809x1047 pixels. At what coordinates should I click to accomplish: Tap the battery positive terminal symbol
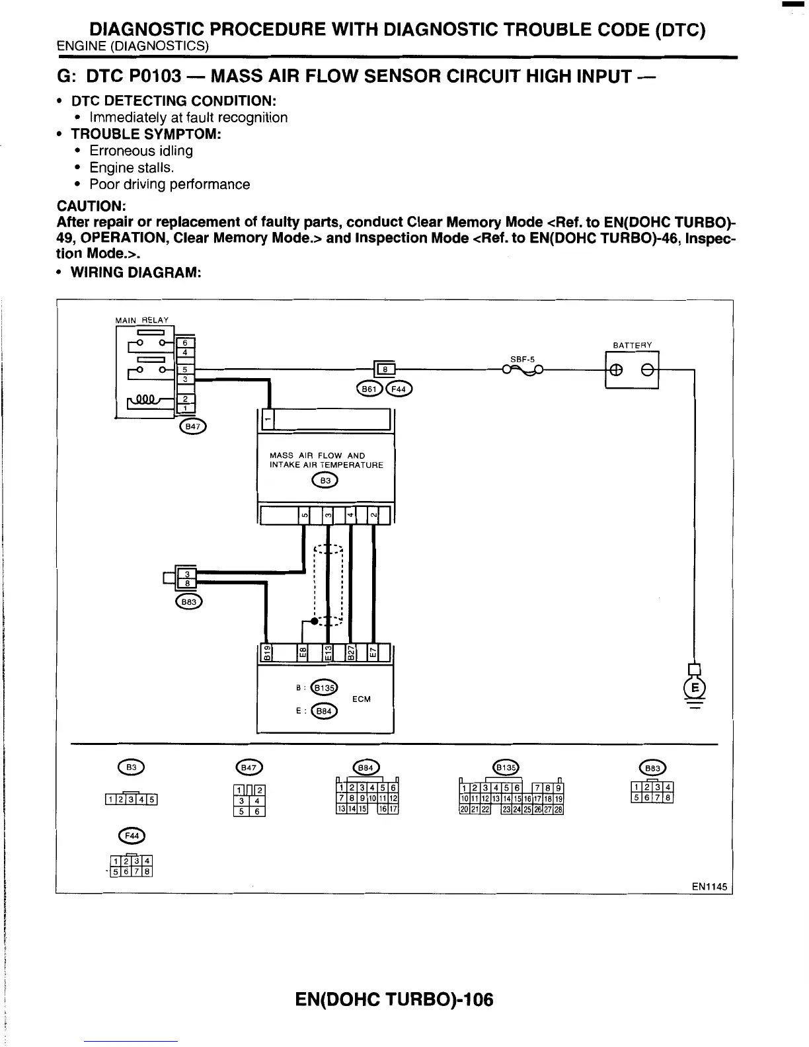616,370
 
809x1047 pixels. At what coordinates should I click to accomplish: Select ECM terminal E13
327,653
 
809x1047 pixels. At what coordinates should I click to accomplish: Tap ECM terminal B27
351,653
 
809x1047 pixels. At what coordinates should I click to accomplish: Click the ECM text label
362,699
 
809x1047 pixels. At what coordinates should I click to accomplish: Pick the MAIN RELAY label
141,321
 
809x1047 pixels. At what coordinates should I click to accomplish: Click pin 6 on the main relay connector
186,342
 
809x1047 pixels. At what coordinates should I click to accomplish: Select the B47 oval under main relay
192,427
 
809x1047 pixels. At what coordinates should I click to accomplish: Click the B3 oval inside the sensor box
325,481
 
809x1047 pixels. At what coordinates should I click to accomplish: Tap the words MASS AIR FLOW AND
317,455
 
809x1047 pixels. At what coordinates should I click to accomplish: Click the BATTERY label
633,345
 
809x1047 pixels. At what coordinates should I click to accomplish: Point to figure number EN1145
709,887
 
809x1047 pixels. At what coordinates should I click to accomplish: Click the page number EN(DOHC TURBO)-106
394,999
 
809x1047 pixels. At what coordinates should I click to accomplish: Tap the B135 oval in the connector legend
507,767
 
